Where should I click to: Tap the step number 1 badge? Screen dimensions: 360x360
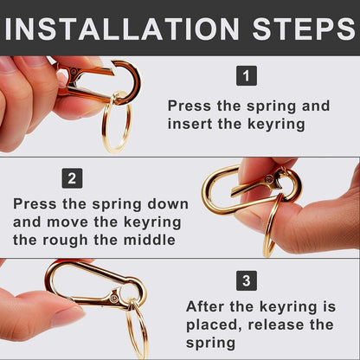pos(247,75)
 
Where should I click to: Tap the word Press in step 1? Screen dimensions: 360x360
pos(190,106)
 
